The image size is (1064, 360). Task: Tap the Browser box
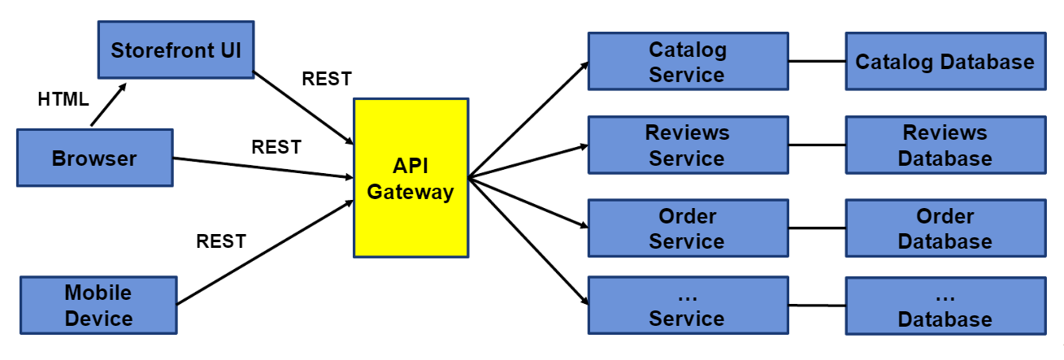[93, 158]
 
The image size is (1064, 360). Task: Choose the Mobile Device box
[98, 305]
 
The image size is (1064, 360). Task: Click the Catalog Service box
[687, 62]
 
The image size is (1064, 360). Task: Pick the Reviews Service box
[687, 145]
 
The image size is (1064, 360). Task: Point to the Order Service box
[687, 228]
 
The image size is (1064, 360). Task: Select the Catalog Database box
[945, 62]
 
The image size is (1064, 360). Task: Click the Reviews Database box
[945, 145]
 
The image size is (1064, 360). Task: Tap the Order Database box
[945, 228]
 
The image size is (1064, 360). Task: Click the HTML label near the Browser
[63, 99]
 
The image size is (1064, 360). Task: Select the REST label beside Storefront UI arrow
[327, 79]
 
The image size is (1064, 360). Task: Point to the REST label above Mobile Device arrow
[221, 241]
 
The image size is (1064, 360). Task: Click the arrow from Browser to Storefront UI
[108, 104]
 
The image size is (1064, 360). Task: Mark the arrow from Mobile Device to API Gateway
[264, 252]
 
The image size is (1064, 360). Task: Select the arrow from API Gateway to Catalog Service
[528, 119]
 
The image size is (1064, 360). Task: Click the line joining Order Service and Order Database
[816, 228]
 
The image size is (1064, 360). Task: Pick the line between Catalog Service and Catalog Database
[816, 62]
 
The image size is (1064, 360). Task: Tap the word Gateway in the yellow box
[410, 193]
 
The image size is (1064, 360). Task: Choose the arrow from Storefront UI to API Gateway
[305, 109]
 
